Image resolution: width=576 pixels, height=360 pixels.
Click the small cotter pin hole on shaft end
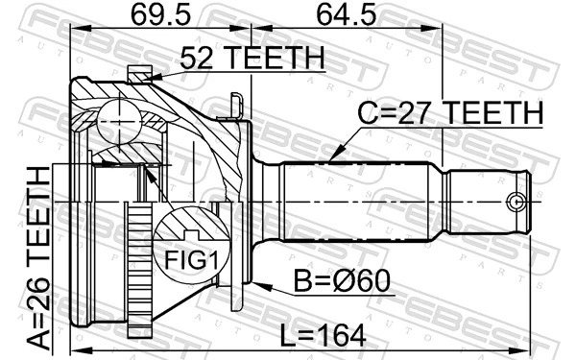point(516,202)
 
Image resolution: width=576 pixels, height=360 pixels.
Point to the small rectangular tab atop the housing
point(141,71)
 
